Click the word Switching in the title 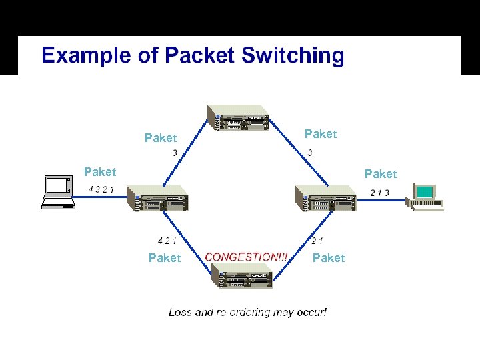(293, 55)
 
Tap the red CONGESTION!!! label (247, 257)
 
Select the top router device (238, 118)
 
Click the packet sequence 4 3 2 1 (101, 189)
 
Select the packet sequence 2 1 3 (379, 193)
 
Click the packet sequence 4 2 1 (167, 241)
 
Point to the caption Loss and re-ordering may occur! (248, 311)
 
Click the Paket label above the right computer (380, 174)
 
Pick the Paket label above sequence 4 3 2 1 (100, 172)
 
